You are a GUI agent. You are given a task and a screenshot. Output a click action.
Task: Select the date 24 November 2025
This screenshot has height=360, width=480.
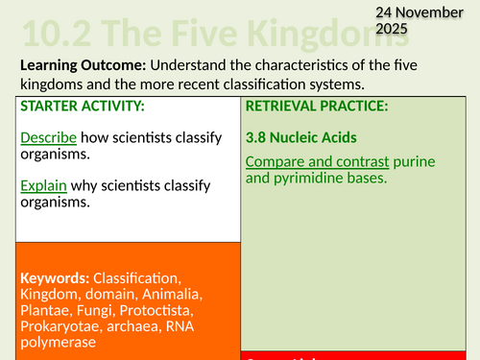383,20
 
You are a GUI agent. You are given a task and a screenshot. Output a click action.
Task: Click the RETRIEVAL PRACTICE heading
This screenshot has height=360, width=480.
311,106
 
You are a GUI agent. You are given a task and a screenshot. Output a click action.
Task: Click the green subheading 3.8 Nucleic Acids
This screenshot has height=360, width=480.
298,137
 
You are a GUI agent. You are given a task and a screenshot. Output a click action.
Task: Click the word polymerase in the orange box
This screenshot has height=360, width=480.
58,343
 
